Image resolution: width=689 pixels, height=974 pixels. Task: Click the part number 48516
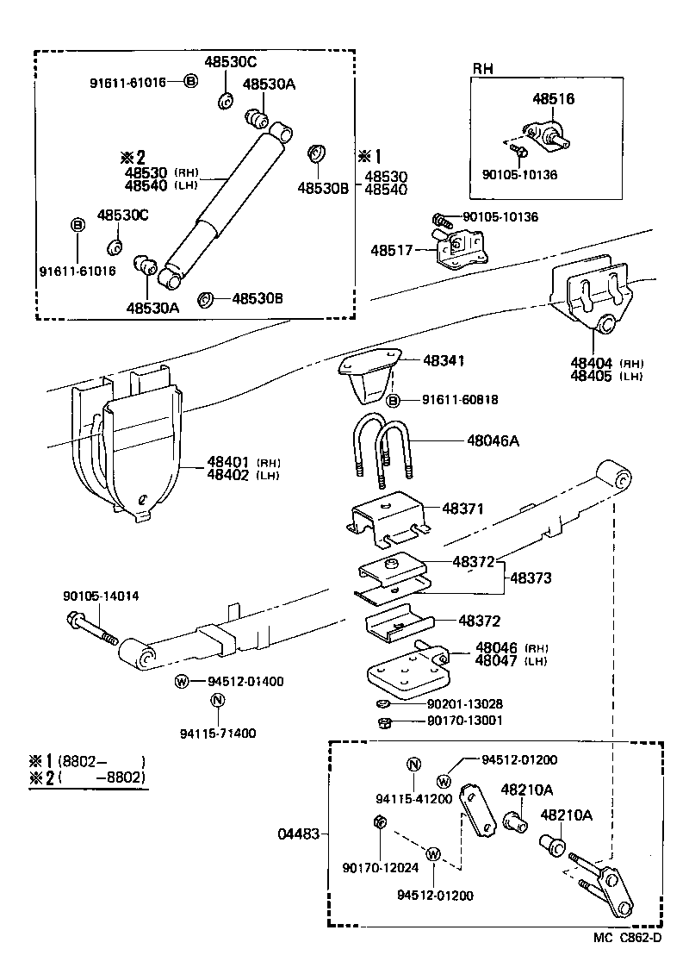(553, 99)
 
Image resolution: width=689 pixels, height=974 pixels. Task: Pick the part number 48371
(463, 509)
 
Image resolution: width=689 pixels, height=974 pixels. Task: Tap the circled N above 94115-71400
(218, 701)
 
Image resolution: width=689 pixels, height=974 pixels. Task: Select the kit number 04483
(298, 834)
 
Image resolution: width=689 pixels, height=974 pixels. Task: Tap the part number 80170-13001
(465, 721)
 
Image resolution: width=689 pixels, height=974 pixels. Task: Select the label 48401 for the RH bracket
(227, 462)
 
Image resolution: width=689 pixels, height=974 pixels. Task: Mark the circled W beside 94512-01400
(182, 681)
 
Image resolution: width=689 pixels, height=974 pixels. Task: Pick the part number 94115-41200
(413, 798)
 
